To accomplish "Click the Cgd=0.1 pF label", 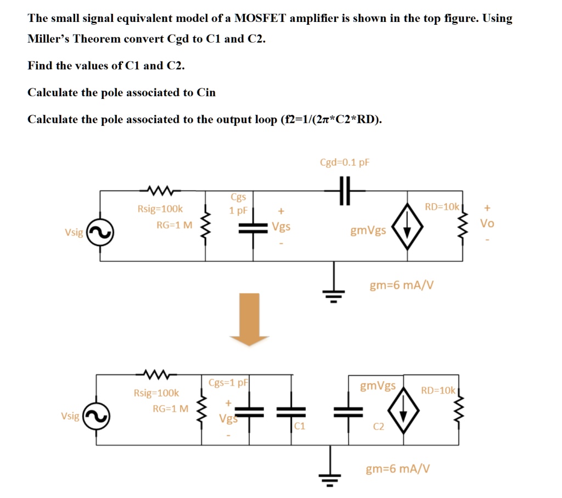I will (x=345, y=163).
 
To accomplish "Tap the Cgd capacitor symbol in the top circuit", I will (x=345, y=191).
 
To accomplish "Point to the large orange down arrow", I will (x=249, y=318).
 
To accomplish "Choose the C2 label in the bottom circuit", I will (x=379, y=426).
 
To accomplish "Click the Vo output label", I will (x=487, y=223).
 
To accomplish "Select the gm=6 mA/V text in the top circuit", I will (x=402, y=285).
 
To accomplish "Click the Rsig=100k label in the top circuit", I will (x=160, y=209).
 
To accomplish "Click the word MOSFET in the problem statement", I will (x=260, y=18).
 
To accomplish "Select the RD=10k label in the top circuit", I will (x=442, y=207).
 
